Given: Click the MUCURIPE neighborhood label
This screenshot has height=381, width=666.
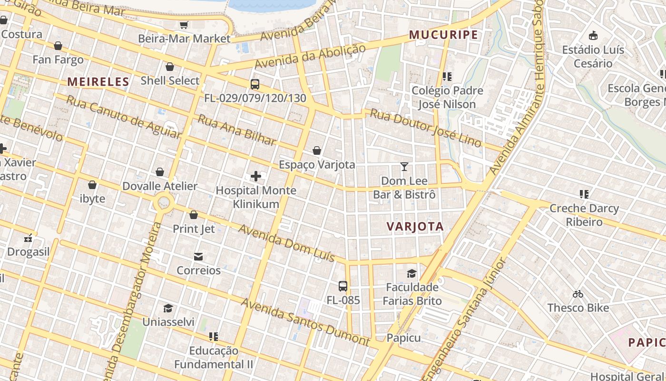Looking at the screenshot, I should pos(443,35).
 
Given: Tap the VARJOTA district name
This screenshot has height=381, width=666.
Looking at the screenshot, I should pos(415,227).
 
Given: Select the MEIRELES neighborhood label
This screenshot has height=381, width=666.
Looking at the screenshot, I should pos(98,82).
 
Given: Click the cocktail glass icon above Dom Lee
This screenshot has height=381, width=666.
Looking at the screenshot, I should pos(404,167).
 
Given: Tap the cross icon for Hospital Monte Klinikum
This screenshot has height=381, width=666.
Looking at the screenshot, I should pos(256,176).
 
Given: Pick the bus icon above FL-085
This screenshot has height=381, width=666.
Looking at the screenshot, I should pos(343,286).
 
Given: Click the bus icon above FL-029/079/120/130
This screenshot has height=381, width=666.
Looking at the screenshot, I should pos(255,85).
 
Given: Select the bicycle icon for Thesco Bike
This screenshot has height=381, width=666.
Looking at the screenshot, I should pos(578,294).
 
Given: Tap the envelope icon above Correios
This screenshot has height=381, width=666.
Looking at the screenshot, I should pos(198,257).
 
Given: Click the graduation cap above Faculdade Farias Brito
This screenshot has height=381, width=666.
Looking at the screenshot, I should pos(411,273).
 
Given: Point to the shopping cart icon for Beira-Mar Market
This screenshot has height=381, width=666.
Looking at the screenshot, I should pos(184,25).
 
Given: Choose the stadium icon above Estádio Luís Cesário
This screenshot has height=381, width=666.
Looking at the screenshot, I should pos(593,36).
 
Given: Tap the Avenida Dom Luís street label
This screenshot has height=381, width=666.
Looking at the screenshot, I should pos(286,243).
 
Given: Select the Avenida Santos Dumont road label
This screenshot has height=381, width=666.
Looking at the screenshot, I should pos(305,322).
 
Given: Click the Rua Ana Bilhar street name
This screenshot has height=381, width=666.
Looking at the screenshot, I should pos(236,130).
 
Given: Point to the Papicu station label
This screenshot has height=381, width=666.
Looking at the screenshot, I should pos(403,338).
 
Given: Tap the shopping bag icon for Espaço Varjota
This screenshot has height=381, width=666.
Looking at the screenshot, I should pos(317,151).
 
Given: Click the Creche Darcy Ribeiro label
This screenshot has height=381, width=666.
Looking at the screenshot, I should pos(584,215).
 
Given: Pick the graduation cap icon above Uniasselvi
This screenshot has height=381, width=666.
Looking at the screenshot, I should pos(168,308).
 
